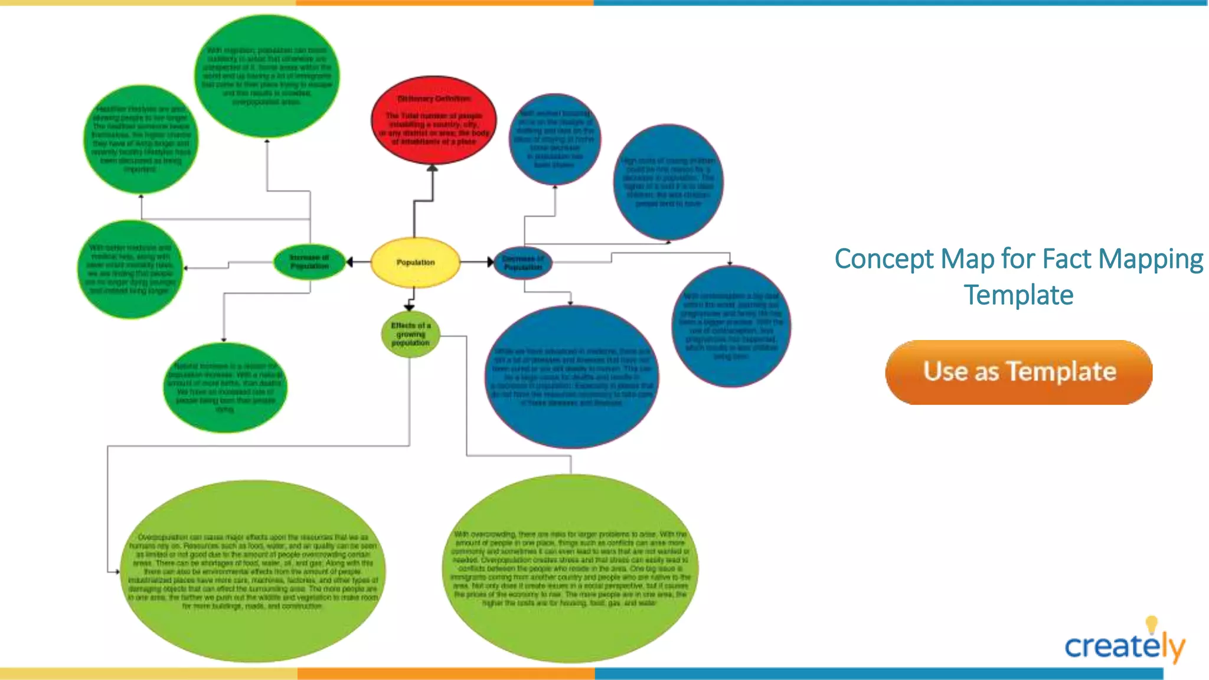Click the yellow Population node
(416, 262)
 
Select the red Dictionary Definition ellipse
(434, 120)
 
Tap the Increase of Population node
(309, 262)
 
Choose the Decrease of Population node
(523, 263)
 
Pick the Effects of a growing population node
(411, 334)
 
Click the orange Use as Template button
(1019, 372)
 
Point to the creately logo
(1124, 646)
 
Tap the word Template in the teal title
(1019, 295)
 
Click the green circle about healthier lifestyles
(140, 139)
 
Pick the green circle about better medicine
(130, 269)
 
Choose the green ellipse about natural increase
(225, 387)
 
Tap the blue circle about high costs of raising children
(668, 182)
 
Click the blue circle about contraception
(731, 326)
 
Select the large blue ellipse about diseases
(572, 377)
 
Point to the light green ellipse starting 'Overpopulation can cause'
(254, 571)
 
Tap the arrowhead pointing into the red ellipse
(433, 168)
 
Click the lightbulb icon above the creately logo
(1151, 625)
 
